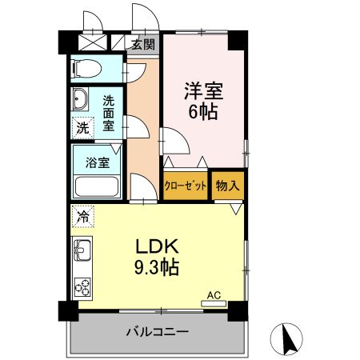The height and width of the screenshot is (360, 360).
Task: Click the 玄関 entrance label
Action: tap(143, 45)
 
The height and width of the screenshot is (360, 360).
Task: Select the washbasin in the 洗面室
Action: tap(81, 100)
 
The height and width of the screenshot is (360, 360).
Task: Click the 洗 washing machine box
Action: tap(82, 126)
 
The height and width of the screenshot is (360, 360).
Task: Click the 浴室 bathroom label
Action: tap(98, 162)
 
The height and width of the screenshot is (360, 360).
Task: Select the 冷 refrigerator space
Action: tap(82, 214)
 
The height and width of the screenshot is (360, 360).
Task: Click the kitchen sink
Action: tap(83, 254)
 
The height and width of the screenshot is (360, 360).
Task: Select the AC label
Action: tap(213, 295)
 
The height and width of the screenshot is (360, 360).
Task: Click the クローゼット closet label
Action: tap(186, 186)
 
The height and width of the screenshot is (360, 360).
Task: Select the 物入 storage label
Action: tap(227, 186)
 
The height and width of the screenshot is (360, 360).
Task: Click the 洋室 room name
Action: tap(203, 90)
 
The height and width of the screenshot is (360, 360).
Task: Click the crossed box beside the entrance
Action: tap(94, 44)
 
